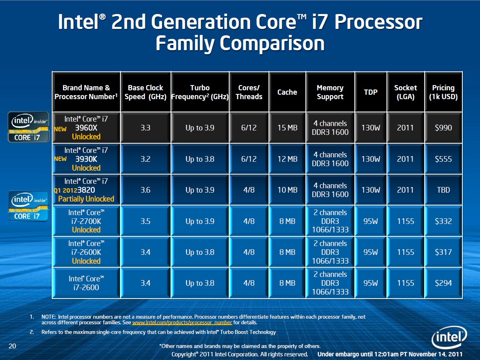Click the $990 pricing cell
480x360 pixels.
point(443,128)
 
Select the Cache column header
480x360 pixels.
point(287,92)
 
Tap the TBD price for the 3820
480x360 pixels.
point(443,190)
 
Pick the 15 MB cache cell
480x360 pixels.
point(287,128)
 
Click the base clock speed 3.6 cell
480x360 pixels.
point(145,190)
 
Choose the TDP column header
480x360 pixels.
point(370,92)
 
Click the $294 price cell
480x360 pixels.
point(443,283)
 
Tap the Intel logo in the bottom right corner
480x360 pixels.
point(449,340)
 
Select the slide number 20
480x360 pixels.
point(12,346)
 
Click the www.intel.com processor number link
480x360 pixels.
point(182,322)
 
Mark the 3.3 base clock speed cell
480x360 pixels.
point(145,128)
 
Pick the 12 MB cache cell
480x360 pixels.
point(287,159)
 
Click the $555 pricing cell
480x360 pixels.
point(443,159)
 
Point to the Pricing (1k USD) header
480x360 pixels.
point(443,92)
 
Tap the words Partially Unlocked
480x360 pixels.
point(86,199)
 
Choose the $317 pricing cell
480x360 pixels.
point(443,252)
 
